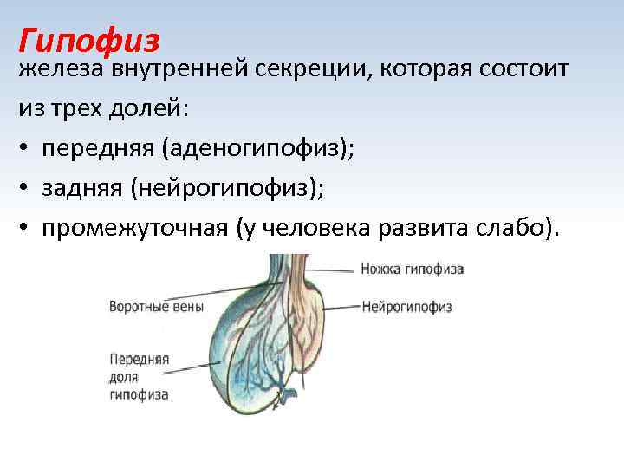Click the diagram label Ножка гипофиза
(x=412, y=270)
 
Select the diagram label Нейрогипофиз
(x=406, y=306)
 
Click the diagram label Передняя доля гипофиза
(x=139, y=373)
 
